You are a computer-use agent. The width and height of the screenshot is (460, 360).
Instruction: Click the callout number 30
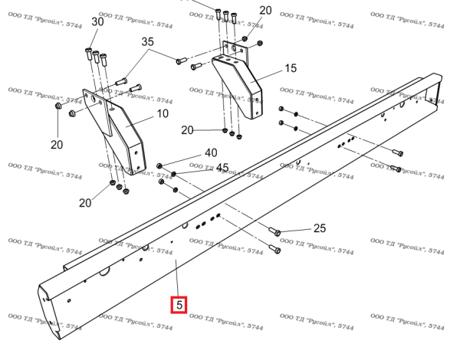97,21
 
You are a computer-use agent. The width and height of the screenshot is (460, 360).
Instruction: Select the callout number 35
147,41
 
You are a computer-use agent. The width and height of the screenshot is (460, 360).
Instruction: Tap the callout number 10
163,113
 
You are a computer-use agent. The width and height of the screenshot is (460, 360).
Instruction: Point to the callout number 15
291,68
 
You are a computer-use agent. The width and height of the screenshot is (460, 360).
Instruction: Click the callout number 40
211,152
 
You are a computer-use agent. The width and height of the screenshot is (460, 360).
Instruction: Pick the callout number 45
222,168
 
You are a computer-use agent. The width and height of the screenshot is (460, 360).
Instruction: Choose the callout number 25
320,228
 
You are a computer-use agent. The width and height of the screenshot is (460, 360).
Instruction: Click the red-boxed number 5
179,305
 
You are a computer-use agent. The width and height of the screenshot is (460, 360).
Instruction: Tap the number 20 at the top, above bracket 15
265,10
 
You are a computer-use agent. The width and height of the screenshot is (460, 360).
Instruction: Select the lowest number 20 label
85,202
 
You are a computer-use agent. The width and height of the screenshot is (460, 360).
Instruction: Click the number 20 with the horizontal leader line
187,130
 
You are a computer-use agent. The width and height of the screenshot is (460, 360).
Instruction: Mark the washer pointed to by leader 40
159,166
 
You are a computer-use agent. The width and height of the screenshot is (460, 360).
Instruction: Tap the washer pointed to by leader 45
173,174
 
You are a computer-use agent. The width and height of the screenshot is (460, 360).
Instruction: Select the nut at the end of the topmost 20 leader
245,38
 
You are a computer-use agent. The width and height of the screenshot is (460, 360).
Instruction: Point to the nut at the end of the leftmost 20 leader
58,106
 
